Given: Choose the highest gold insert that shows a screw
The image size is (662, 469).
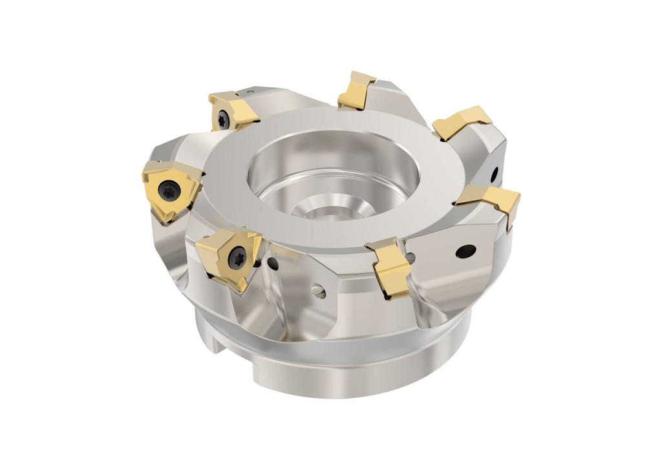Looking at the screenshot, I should [231, 112].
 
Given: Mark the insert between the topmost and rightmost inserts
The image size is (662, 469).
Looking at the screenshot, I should [462, 122].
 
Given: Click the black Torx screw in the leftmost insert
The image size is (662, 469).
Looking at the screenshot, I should [169, 189].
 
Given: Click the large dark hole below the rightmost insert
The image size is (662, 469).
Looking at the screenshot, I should [465, 251].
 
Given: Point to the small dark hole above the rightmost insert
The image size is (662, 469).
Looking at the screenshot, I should [495, 173].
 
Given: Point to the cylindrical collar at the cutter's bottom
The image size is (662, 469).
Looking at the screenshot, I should [336, 368].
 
